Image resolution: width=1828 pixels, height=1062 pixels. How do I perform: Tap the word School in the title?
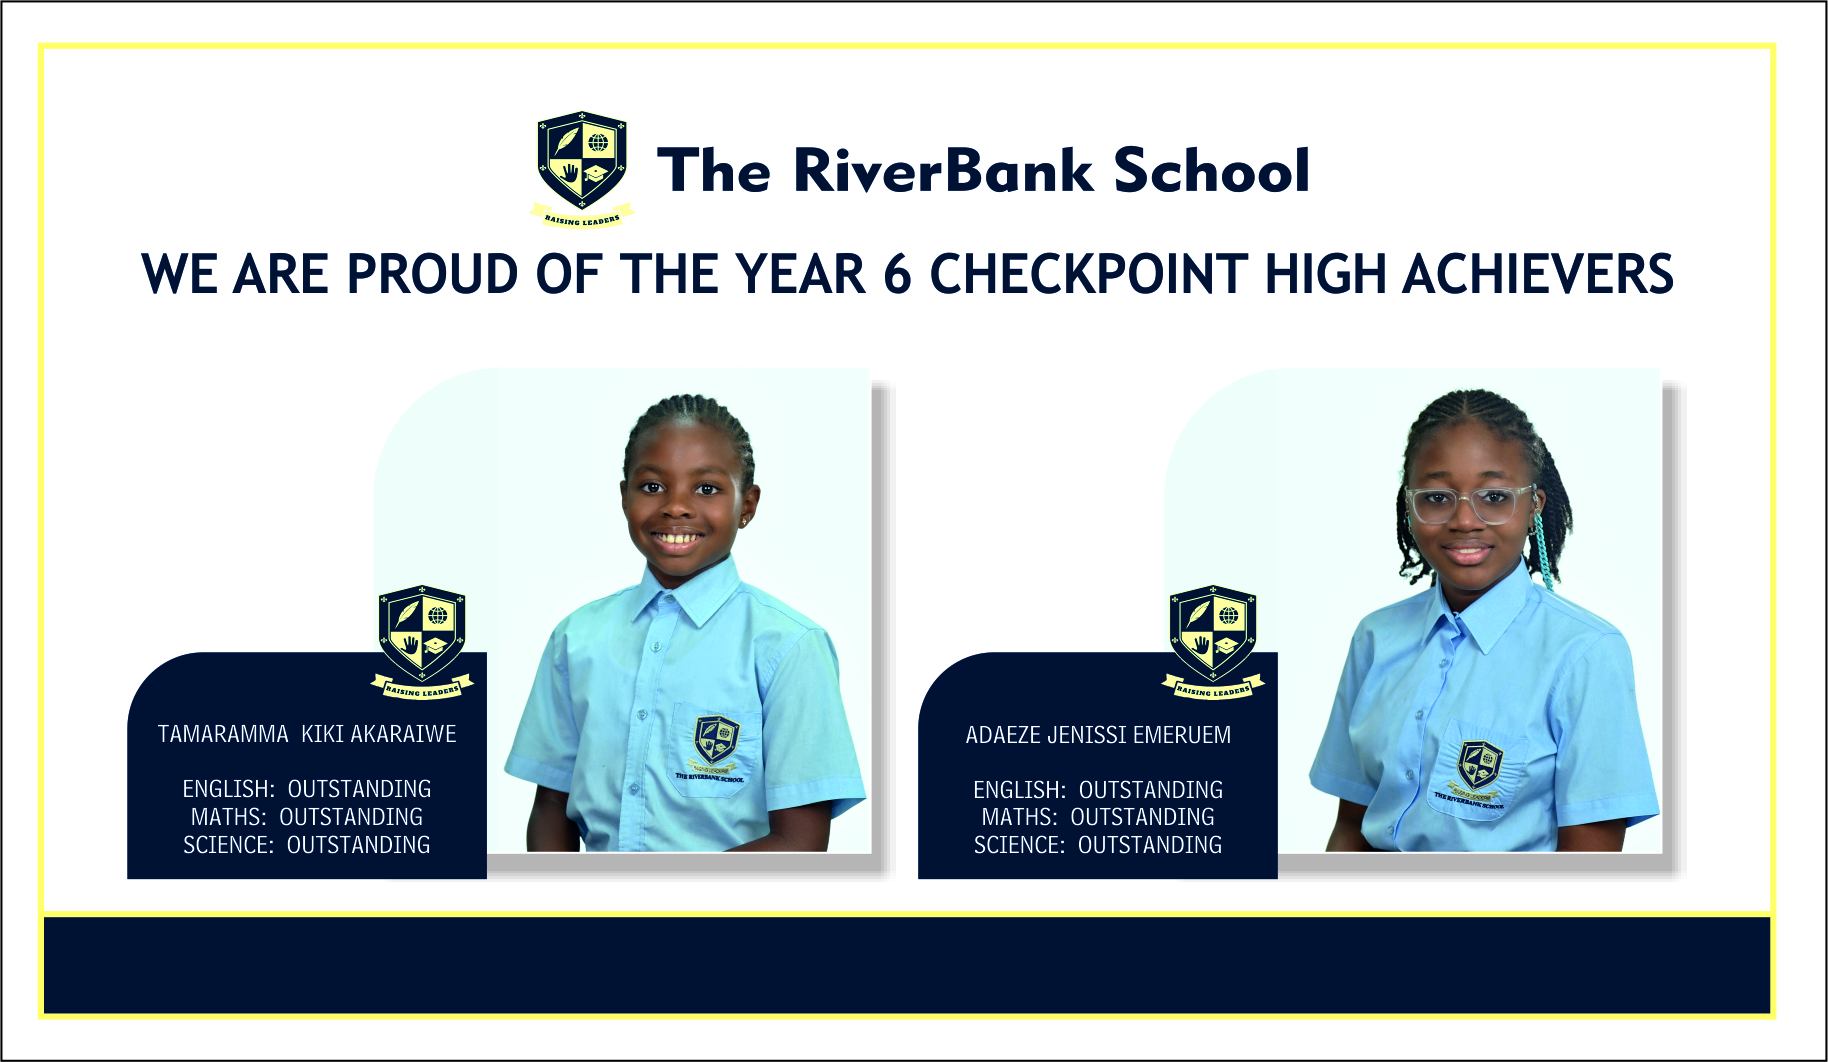click(x=1211, y=170)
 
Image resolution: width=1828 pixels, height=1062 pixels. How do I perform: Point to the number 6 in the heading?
click(x=897, y=274)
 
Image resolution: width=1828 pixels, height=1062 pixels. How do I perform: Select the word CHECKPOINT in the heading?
click(x=1089, y=274)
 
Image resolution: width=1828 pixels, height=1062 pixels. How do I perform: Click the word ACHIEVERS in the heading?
click(x=1538, y=274)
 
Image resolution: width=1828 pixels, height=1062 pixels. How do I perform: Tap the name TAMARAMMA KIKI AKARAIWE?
click(x=307, y=734)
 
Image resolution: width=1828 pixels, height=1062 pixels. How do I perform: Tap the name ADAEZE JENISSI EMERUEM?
click(x=1098, y=735)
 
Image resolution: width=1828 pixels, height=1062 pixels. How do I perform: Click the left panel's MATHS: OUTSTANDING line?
click(x=307, y=817)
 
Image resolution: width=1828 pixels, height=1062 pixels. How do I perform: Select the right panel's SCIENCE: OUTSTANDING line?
click(x=1098, y=845)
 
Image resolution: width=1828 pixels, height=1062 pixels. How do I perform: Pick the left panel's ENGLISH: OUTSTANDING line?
click(x=307, y=789)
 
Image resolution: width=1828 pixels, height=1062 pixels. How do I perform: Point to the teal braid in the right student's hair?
click(x=1545, y=548)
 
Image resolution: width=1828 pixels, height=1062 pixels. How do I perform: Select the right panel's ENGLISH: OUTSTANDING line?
click(x=1098, y=790)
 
